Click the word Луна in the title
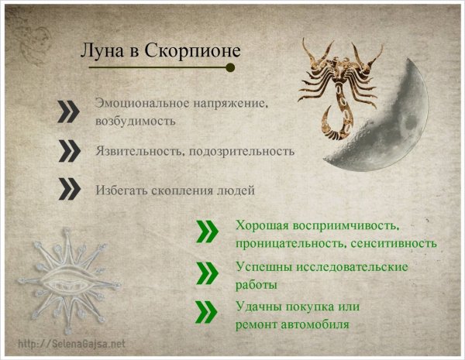tap(99, 50)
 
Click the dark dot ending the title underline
tap(229, 67)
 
